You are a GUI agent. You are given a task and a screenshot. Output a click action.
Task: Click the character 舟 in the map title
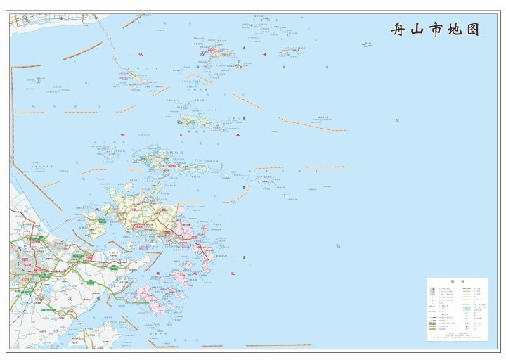pyautogui.click(x=399, y=30)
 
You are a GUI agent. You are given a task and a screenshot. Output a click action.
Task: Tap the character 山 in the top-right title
pyautogui.click(x=418, y=30)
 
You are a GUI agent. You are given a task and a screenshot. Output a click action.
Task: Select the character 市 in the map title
pyautogui.click(x=436, y=30)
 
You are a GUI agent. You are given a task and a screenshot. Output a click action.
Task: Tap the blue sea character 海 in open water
pyautogui.click(x=338, y=246)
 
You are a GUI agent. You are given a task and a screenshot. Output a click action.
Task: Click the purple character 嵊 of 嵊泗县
pyautogui.click(x=140, y=53)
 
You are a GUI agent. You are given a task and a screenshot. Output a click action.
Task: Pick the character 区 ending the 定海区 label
pyautogui.click(x=164, y=210)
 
